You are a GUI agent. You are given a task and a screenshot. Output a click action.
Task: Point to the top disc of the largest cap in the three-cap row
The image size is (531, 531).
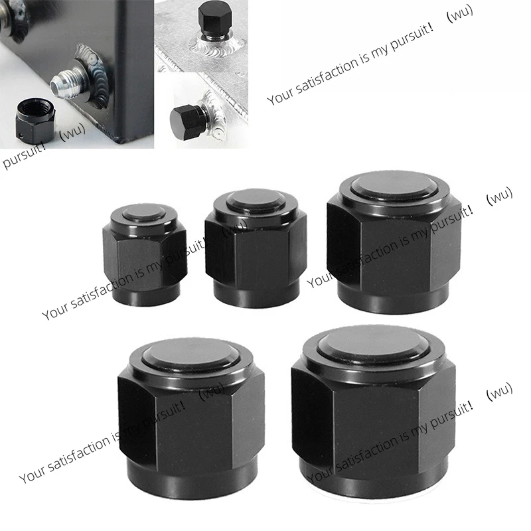(394, 185)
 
